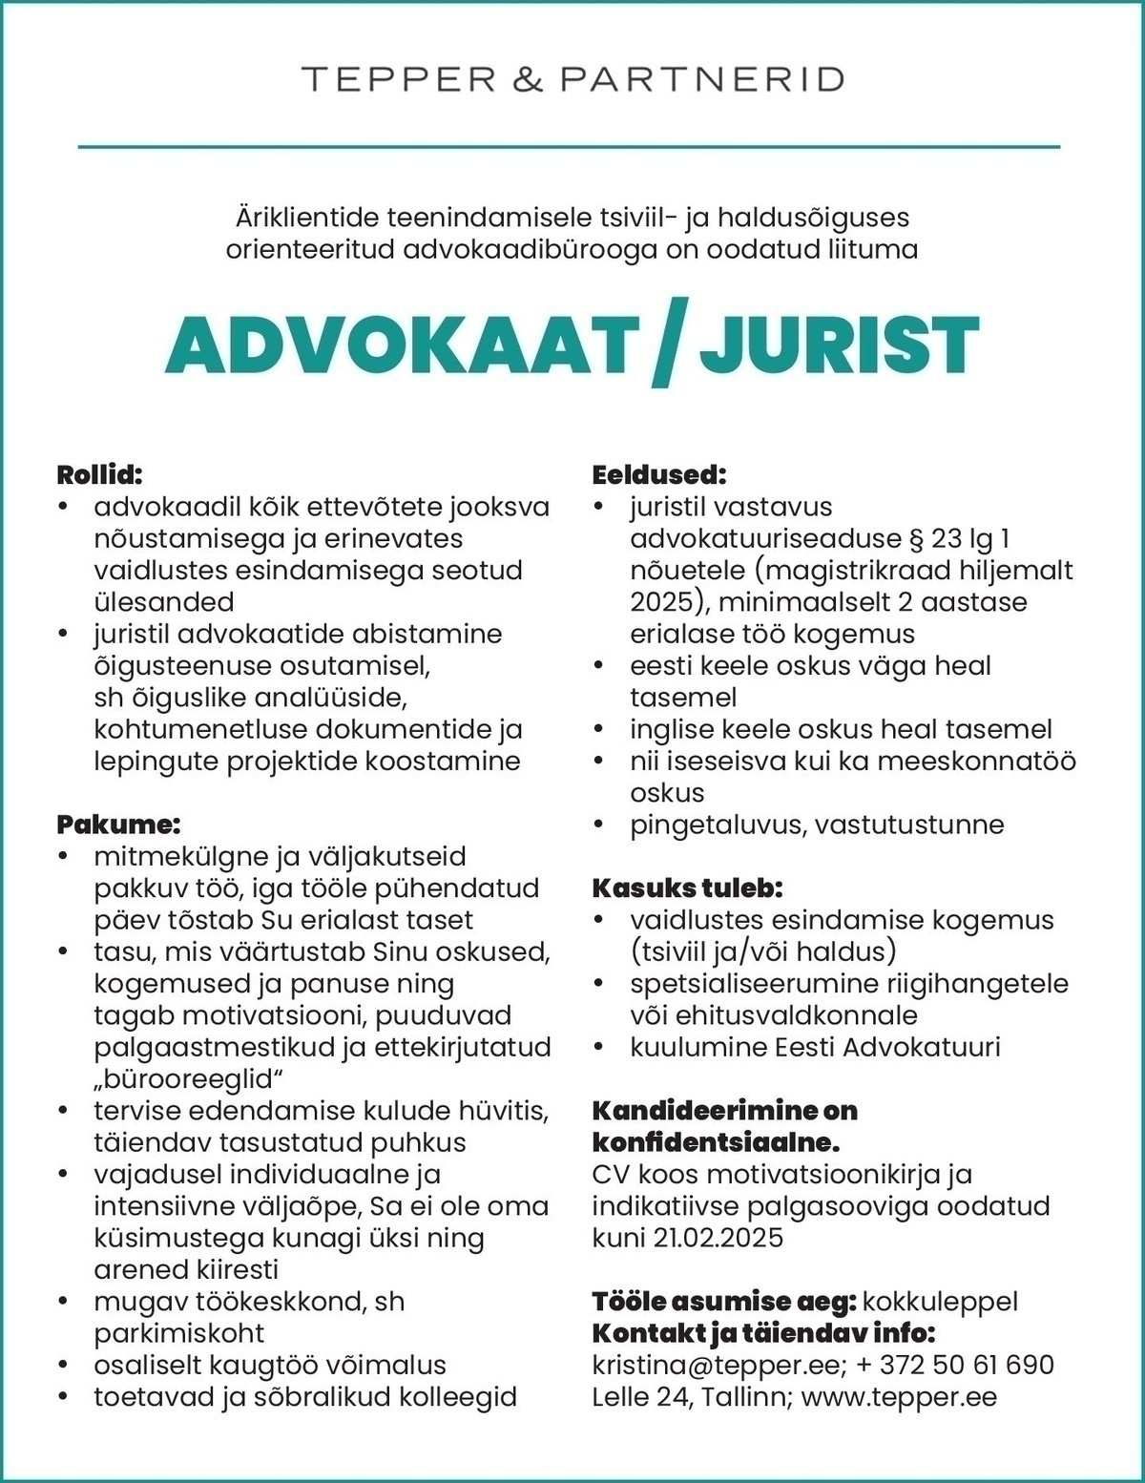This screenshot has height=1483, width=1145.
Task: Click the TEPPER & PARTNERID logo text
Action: tap(572, 78)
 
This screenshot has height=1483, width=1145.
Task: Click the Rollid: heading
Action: tap(99, 474)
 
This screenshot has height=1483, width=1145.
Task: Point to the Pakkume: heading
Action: tap(118, 824)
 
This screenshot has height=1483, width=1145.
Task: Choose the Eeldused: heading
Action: tap(659, 474)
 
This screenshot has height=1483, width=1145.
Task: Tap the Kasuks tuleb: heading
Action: tap(687, 888)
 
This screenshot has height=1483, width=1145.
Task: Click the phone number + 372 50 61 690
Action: tap(955, 1365)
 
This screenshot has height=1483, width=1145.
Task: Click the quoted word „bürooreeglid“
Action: tap(190, 1078)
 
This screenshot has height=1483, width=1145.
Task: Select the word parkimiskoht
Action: tap(178, 1333)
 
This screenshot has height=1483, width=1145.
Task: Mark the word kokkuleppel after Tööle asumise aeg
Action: tap(940, 1302)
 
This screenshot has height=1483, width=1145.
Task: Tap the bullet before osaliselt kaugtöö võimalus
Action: tap(63, 1366)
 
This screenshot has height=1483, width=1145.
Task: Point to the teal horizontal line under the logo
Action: tap(569, 147)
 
